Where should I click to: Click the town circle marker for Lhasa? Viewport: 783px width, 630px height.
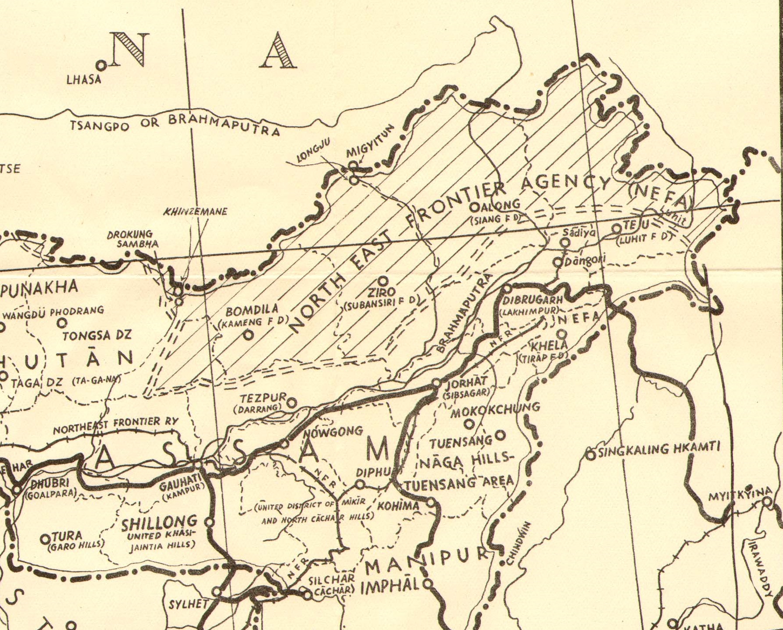[101, 66]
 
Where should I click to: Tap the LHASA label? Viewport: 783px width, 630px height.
[84, 79]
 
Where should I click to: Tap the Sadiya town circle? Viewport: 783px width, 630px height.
[565, 242]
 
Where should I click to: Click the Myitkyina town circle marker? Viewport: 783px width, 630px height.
[766, 502]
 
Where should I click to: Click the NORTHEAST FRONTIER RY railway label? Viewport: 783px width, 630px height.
[116, 425]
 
